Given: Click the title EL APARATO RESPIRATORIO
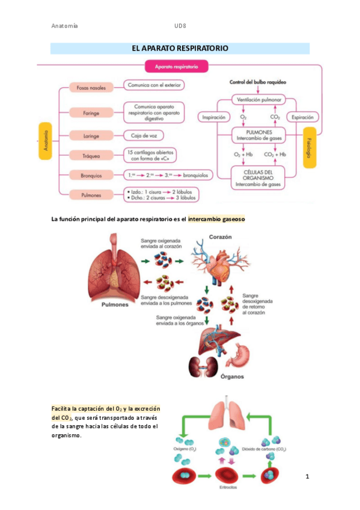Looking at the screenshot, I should [180, 48].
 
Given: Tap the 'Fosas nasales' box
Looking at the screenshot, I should [87, 88].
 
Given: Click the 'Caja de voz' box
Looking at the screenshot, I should [142, 135].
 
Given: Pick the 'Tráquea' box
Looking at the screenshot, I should [88, 155].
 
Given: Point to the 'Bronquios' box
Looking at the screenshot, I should [87, 176].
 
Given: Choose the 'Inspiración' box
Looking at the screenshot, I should [214, 118].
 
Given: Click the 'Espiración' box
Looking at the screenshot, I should [302, 118].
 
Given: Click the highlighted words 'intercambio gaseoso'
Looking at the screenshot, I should [216, 220].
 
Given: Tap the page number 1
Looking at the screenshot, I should [307, 478].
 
